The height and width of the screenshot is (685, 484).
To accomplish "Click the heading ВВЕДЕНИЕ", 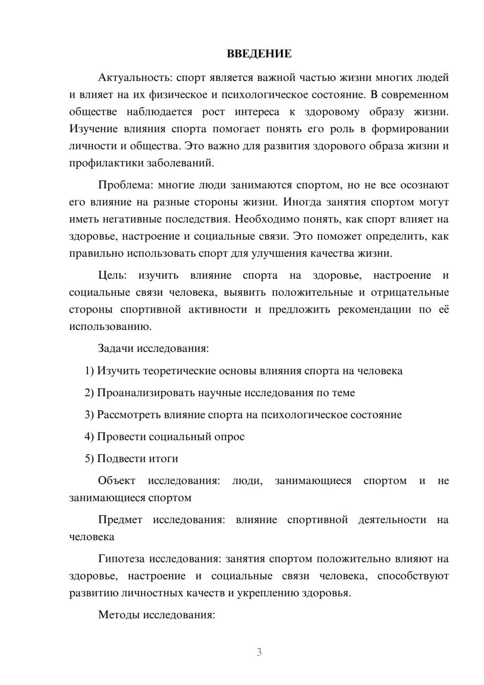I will (x=259, y=54).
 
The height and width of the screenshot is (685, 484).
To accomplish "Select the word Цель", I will (x=112, y=276).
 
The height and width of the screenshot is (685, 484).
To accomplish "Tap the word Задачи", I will (x=116, y=349).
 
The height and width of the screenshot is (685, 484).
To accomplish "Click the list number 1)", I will (x=90, y=371).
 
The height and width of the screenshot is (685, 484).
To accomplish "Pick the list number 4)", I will (x=90, y=437).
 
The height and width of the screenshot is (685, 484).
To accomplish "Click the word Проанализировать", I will (x=146, y=393).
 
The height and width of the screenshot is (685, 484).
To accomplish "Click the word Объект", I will (x=117, y=481).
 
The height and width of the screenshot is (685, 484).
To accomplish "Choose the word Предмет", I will (x=120, y=520).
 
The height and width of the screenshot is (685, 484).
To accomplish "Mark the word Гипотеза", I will (x=121, y=560).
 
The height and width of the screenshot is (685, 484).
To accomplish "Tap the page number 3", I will (x=259, y=653).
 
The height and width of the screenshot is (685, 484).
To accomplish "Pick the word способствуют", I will (x=413, y=576).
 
